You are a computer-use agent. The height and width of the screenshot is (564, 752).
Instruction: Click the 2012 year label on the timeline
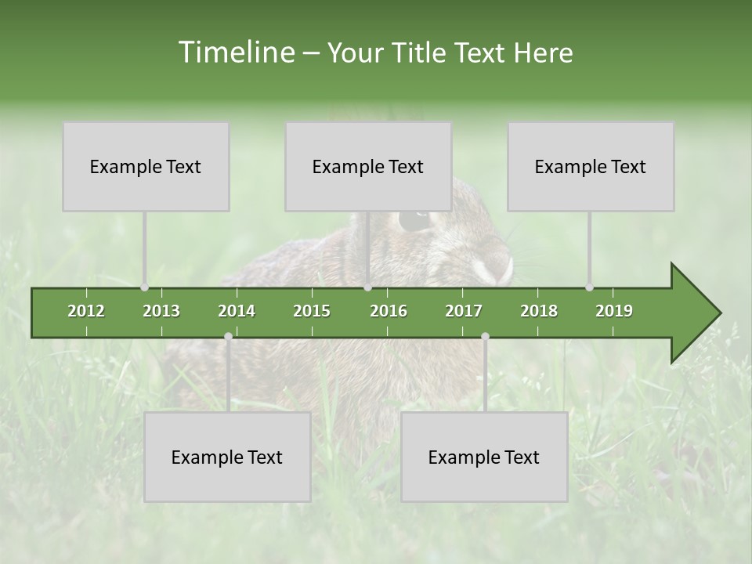[86, 311]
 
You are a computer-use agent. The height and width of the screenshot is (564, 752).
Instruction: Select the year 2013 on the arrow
[161, 311]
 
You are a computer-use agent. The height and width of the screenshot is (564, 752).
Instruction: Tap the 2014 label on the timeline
[237, 311]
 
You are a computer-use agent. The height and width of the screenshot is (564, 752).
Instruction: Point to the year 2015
[312, 311]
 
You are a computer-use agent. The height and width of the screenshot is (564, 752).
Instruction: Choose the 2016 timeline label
[389, 311]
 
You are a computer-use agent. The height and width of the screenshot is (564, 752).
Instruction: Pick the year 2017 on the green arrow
[464, 311]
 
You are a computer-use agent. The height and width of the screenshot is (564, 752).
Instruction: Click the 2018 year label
[539, 311]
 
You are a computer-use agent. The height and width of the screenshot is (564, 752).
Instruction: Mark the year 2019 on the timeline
[614, 311]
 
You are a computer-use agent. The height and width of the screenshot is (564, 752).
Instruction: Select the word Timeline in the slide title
[235, 52]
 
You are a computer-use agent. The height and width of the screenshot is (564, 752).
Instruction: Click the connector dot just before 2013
[144, 287]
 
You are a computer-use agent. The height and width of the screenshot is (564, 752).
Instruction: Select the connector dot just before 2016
[367, 287]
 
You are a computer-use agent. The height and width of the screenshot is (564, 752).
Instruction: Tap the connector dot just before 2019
[589, 287]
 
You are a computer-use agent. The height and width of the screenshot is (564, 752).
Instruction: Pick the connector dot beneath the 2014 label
[228, 336]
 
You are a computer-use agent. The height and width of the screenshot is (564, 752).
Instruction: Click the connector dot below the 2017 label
[485, 336]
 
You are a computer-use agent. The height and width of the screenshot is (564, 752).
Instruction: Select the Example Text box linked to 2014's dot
[227, 457]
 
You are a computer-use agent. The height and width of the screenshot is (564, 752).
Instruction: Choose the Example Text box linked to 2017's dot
[484, 457]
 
